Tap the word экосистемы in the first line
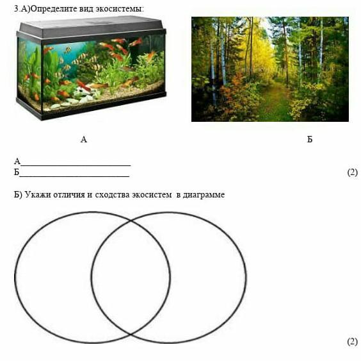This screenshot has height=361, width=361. click(x=120, y=9)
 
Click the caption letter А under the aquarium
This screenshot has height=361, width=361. click(x=84, y=139)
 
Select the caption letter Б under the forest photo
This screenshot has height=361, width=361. click(x=310, y=139)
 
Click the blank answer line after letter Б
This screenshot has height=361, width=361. click(x=74, y=176)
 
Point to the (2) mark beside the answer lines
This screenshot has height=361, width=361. click(x=353, y=172)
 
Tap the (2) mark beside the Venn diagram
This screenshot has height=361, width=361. click(x=353, y=342)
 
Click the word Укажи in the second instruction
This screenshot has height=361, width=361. click(x=38, y=195)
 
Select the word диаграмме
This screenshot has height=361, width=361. click(x=204, y=195)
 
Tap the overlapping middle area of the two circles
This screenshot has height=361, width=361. click(x=131, y=277)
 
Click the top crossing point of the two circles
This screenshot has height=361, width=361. click(x=131, y=221)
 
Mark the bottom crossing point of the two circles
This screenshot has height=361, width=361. click(x=131, y=334)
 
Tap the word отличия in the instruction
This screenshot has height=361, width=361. click(x=69, y=195)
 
